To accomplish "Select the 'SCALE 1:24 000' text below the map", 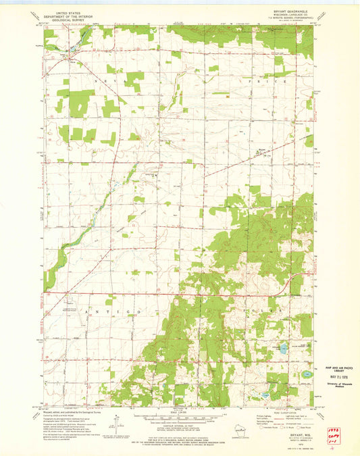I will click(180, 415).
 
